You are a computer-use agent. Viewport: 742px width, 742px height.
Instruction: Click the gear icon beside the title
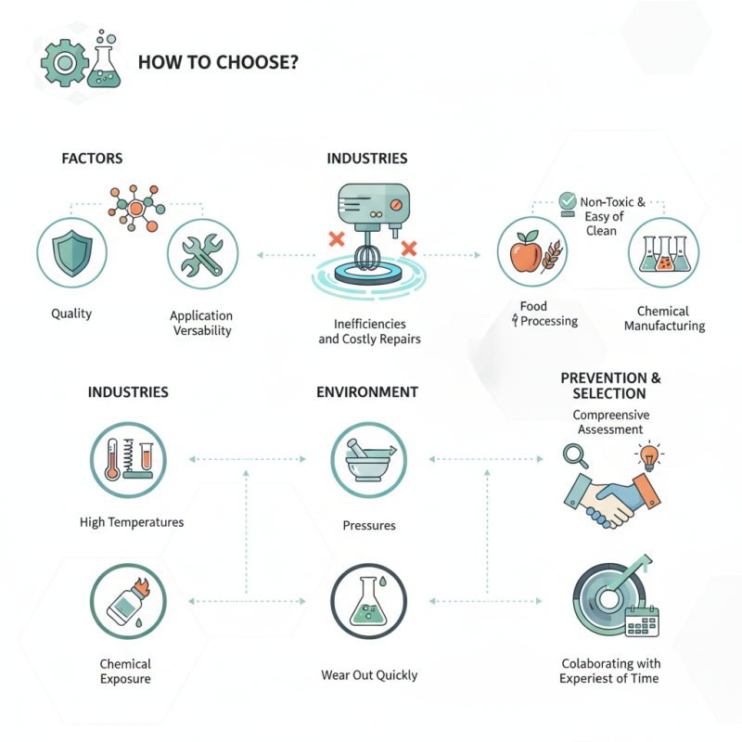(x=65, y=63)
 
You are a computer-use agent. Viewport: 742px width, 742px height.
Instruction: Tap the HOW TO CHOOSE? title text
(x=218, y=62)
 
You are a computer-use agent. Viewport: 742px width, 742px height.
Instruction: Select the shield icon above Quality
(x=72, y=253)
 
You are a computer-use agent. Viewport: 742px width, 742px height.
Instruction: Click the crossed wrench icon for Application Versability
(x=202, y=254)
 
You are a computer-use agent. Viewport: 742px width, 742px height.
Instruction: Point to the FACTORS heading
(x=92, y=158)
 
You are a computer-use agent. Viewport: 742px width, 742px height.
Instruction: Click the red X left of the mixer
(x=337, y=239)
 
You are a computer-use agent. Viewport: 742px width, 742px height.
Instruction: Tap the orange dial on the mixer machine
(x=396, y=205)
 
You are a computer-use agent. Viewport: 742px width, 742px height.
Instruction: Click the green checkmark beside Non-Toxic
(x=567, y=201)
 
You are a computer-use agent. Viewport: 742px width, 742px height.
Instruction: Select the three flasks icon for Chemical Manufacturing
(x=664, y=253)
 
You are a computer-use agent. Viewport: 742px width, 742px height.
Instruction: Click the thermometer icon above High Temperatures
(x=112, y=459)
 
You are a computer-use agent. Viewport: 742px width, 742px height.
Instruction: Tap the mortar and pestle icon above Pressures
(x=369, y=460)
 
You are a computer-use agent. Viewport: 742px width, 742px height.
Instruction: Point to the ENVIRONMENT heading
(x=367, y=391)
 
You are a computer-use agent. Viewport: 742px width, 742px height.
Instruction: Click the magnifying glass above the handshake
(x=575, y=455)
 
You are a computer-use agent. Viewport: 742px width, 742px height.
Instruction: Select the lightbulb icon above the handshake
(x=649, y=455)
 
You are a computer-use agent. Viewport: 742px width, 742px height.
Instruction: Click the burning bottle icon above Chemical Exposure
(x=127, y=601)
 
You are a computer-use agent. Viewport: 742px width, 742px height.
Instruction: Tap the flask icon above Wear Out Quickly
(x=368, y=601)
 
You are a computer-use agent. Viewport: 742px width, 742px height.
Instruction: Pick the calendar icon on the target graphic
(x=642, y=621)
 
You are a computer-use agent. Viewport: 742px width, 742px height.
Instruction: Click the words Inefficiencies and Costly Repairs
(x=369, y=331)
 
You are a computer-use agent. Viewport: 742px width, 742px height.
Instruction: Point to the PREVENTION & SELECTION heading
(x=610, y=386)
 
